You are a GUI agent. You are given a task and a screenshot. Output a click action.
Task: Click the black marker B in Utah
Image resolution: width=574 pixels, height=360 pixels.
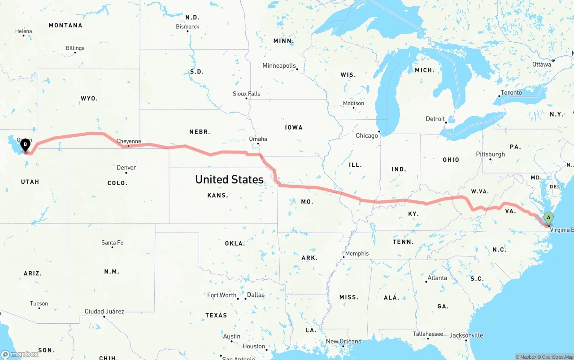pos(26,145)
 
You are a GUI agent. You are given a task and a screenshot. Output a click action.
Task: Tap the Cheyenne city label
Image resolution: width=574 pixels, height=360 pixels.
pos(129,141)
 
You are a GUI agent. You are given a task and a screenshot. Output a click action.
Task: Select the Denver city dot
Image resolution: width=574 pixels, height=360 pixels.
pos(126,173)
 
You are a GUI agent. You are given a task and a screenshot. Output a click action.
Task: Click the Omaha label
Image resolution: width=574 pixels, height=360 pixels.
pos(258,139)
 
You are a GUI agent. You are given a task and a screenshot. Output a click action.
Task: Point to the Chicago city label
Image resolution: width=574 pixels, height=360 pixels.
pos(367,135)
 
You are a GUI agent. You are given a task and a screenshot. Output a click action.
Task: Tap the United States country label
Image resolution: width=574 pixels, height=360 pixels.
pos(229,179)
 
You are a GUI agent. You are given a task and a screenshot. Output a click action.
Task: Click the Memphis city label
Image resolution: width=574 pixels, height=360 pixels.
pos(357,253)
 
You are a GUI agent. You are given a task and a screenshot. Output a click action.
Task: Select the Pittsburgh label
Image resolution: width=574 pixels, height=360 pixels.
pos(490,154)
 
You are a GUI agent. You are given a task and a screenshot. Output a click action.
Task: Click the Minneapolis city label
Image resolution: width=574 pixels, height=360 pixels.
pos(279,66)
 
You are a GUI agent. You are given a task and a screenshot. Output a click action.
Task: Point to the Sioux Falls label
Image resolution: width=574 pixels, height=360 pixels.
pos(246,94)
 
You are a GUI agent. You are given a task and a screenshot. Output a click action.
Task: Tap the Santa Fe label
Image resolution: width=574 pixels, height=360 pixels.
pos(112,243)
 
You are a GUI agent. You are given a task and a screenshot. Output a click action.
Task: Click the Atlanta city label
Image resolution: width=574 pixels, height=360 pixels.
pos(437,278)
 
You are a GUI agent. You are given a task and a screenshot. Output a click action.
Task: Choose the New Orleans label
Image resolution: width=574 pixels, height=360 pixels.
pos(343,341)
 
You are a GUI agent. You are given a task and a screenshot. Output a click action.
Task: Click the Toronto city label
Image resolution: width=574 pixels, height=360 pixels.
pos(511,92)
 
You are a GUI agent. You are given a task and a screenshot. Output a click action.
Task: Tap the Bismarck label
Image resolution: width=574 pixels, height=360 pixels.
pos(187,26)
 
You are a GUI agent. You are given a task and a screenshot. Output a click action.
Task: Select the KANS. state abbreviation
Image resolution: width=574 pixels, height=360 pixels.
pos(218,195)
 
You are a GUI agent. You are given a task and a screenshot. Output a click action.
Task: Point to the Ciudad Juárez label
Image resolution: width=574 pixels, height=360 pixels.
pos(104,311)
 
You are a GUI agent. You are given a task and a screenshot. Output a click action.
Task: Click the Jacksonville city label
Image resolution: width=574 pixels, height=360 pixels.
pos(466,335)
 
